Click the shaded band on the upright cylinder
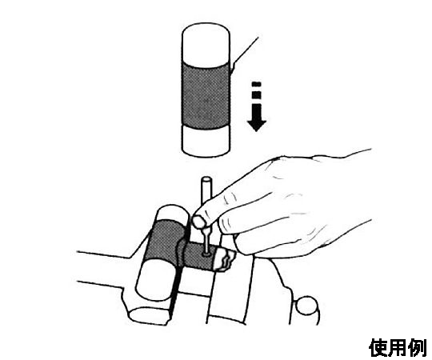click(206, 95)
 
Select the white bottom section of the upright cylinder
click(206, 141)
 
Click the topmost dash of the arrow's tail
click(257, 84)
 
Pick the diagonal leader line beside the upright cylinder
click(244, 55)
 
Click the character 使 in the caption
click(379, 348)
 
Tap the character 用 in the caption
click(399, 348)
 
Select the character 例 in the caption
click(418, 348)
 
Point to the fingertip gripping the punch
click(199, 221)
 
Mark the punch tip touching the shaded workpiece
click(206, 254)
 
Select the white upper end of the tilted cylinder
click(173, 214)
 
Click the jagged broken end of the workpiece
click(226, 259)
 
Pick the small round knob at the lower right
click(306, 305)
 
